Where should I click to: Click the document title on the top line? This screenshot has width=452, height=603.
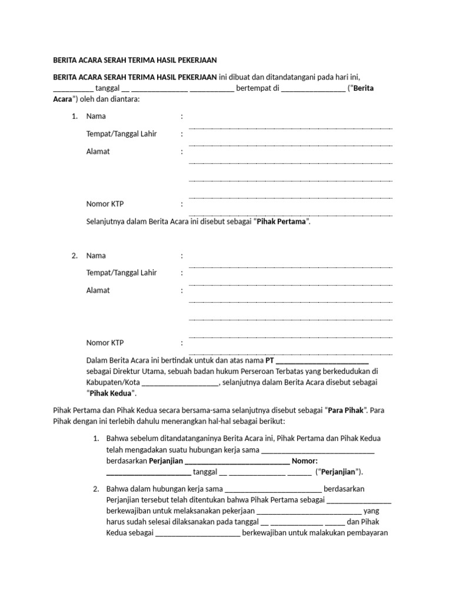point(135,60)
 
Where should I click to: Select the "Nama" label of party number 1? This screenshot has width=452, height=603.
point(96,117)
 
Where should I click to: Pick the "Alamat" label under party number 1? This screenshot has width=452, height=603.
point(98,151)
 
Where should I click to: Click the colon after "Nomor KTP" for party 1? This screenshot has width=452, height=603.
point(182,204)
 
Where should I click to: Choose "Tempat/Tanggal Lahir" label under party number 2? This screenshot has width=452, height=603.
point(121,273)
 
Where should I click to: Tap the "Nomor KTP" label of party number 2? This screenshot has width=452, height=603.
point(105,343)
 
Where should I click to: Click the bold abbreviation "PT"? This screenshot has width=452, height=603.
point(270,360)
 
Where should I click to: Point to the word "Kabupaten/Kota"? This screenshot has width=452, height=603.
point(110,383)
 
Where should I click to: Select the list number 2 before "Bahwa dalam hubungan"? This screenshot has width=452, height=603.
point(96,489)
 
